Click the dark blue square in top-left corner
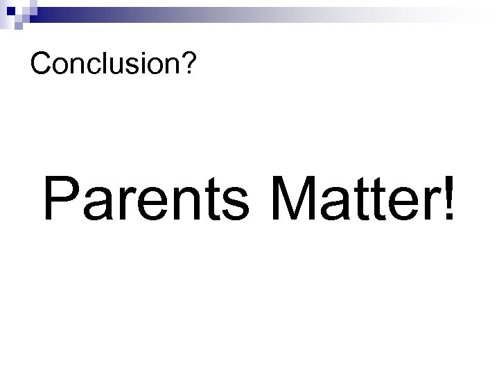coord(6,6)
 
